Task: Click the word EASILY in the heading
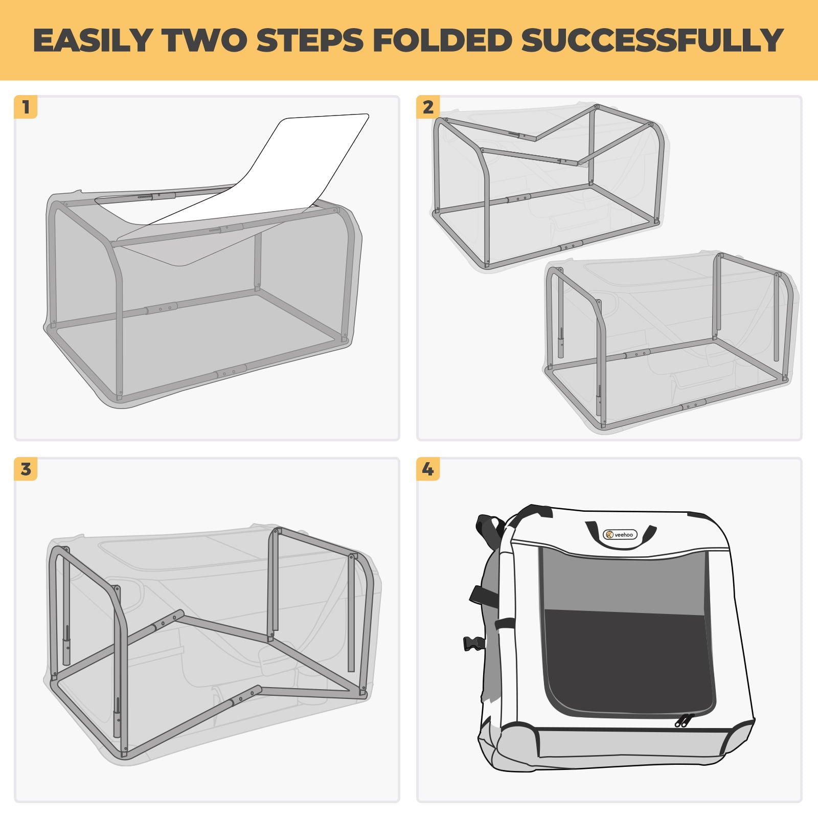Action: point(93,40)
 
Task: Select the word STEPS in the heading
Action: point(310,40)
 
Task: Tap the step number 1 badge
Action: point(26,107)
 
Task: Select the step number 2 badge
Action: point(428,107)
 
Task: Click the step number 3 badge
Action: point(26,469)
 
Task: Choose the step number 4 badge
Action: point(428,469)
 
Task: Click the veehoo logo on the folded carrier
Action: point(620,535)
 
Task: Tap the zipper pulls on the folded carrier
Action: point(684,720)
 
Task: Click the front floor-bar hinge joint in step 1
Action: point(231,371)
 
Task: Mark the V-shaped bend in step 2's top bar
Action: point(535,138)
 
